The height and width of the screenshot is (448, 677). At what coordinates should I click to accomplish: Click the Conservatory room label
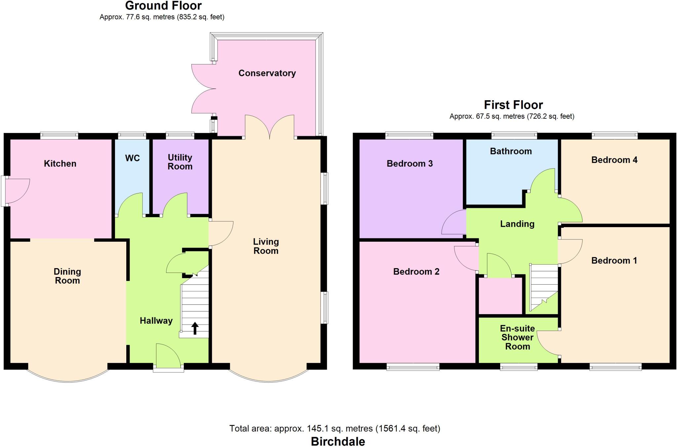(267, 73)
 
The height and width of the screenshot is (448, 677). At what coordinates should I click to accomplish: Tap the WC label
(132, 158)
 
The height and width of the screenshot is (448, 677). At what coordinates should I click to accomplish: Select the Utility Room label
(180, 162)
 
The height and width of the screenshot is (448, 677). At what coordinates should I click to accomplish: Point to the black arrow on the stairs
(195, 328)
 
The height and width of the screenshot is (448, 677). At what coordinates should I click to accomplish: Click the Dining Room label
(67, 276)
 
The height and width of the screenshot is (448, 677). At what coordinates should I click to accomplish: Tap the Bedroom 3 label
(410, 164)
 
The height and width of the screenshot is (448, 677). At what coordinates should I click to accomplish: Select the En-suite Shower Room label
(517, 338)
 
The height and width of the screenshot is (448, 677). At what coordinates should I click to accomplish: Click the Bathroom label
(511, 151)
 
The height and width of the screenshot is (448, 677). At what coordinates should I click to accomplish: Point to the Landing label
(517, 224)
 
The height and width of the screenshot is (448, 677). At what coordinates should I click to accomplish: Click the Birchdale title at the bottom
(338, 441)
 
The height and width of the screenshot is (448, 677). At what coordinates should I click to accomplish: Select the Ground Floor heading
(163, 6)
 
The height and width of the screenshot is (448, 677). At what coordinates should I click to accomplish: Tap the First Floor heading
(513, 105)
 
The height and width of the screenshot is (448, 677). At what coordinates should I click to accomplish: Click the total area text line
(335, 428)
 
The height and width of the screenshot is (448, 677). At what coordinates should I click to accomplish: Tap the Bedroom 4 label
(614, 160)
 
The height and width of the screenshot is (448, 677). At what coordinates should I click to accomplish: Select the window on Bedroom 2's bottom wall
(413, 367)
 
